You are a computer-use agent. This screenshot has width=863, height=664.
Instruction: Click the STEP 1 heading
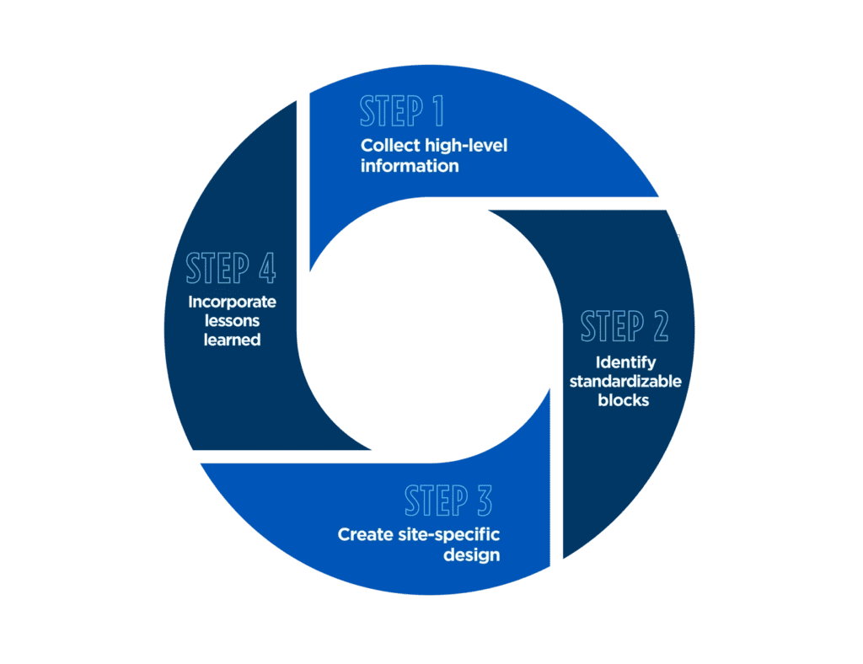pyautogui.click(x=402, y=110)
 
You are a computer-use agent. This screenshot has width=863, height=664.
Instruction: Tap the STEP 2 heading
pyautogui.click(x=624, y=325)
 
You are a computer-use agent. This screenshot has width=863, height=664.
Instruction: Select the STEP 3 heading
pyautogui.click(x=448, y=501)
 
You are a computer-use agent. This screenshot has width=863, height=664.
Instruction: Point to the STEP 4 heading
pyautogui.click(x=231, y=268)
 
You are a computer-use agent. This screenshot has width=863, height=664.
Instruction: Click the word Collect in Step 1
pyautogui.click(x=390, y=146)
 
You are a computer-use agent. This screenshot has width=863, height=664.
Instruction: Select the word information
pyautogui.click(x=410, y=166)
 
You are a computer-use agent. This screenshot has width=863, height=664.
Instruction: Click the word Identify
pyautogui.click(x=626, y=363)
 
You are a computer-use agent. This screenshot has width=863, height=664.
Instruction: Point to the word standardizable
pyautogui.click(x=625, y=381)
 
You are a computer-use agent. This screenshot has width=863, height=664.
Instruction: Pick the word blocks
pyautogui.click(x=624, y=400)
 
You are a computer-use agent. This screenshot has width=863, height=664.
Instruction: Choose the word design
pyautogui.click(x=472, y=555)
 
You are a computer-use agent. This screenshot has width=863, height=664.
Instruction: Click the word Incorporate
pyautogui.click(x=233, y=302)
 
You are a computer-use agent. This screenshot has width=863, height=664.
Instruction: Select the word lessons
pyautogui.click(x=233, y=321)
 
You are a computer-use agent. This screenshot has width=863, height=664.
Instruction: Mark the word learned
pyautogui.click(x=233, y=340)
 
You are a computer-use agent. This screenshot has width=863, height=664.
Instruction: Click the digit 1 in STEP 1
pyautogui.click(x=438, y=110)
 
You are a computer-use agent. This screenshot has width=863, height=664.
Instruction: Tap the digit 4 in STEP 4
pyautogui.click(x=267, y=268)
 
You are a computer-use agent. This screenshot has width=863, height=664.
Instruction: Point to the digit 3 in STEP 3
pyautogui.click(x=485, y=501)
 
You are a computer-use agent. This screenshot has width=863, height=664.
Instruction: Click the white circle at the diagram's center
pyautogui.click(x=429, y=330)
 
